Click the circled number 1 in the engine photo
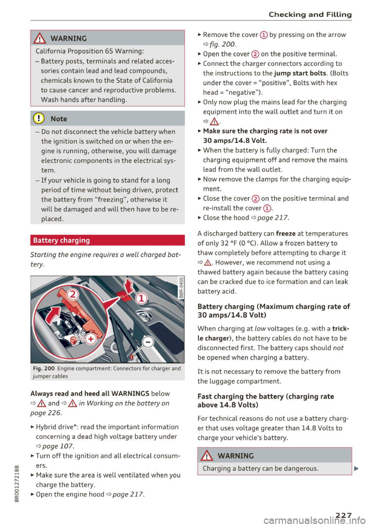[x=141, y=298]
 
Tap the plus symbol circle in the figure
[x=91, y=339]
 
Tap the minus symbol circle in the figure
[x=148, y=342]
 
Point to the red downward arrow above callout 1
[x=129, y=285]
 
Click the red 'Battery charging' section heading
[x=61, y=240]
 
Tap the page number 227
[x=343, y=515]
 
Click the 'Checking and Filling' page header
[x=310, y=15]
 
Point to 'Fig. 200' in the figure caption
[x=44, y=369]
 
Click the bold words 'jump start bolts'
[x=300, y=73]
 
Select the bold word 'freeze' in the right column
[x=286, y=233]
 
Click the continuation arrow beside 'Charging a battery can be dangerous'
[x=356, y=469]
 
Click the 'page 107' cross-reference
[x=58, y=446]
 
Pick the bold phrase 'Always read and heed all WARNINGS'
[x=90, y=393]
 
